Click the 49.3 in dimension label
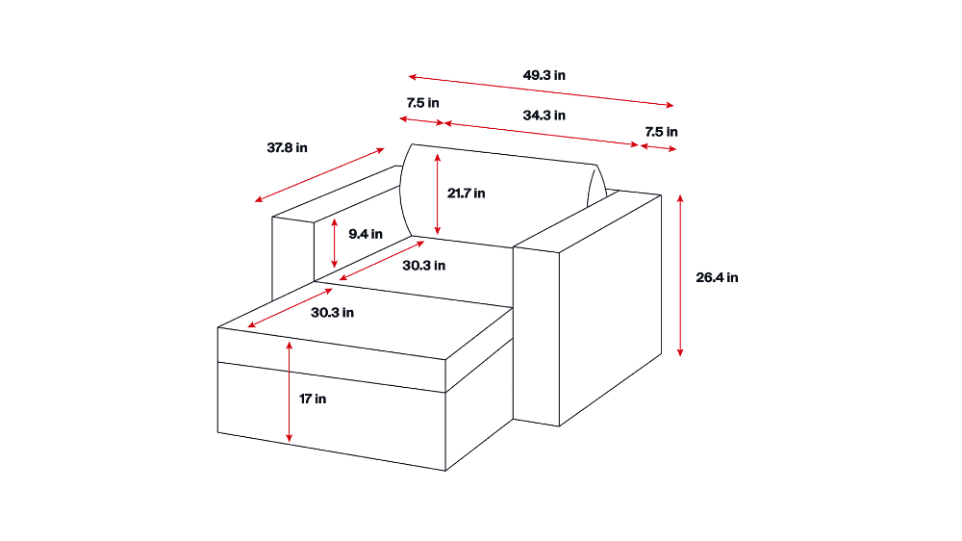click(544, 75)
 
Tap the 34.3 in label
click(544, 116)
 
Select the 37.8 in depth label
click(287, 148)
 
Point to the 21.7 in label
click(466, 193)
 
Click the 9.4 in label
click(365, 234)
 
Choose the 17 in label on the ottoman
click(313, 399)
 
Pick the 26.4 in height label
click(717, 277)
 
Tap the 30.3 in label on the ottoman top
click(332, 313)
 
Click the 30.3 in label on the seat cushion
click(423, 266)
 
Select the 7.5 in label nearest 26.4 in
click(661, 132)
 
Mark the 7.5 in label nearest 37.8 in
click(422, 103)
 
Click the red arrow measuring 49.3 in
click(541, 90)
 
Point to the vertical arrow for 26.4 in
click(680, 275)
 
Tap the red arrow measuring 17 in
click(289, 392)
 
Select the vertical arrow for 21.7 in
click(438, 194)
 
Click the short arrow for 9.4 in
click(335, 243)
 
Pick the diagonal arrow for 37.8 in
click(319, 175)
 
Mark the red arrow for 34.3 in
click(541, 135)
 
